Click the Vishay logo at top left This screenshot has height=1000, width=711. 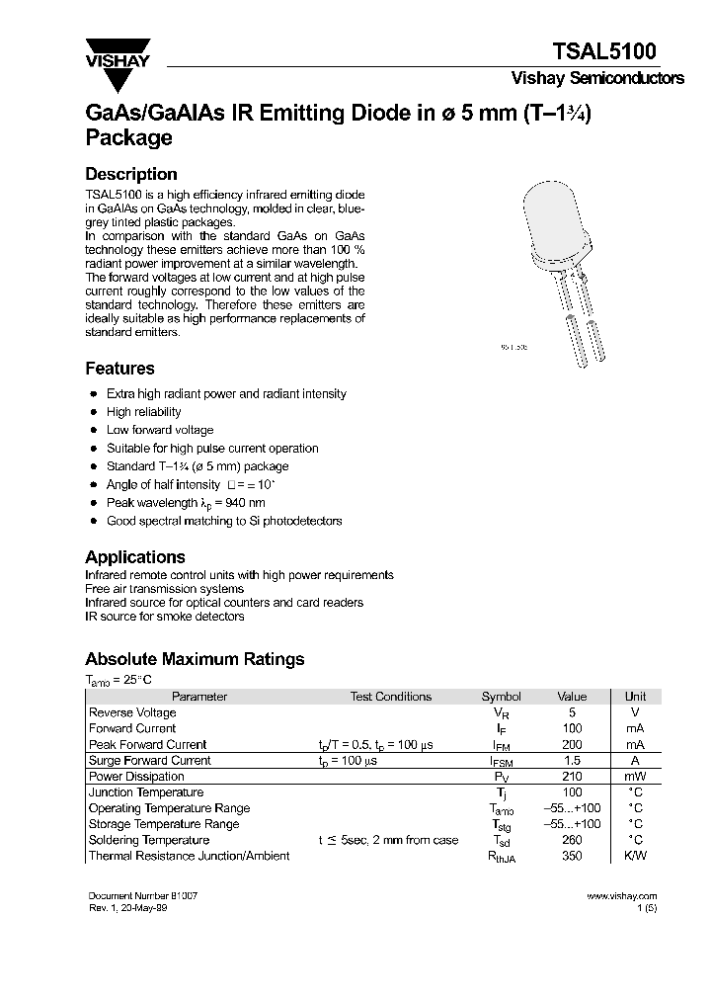coord(117,54)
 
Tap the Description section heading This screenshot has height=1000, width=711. coord(131,174)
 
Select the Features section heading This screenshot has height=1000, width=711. coord(119,369)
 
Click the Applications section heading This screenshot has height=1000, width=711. coord(134,556)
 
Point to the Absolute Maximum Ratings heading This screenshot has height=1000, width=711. coord(195,659)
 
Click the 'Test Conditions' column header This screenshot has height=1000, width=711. coord(390,697)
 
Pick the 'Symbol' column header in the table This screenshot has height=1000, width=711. coord(501,697)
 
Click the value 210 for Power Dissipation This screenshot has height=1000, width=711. coord(571,777)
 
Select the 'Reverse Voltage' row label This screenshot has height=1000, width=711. coord(132,712)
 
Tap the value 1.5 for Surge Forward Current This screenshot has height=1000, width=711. coord(571,761)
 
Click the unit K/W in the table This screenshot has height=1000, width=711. coord(635,856)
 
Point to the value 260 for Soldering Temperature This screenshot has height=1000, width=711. coord(571,840)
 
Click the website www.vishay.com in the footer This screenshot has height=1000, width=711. coord(621,896)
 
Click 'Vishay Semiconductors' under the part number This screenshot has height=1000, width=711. coord(596,79)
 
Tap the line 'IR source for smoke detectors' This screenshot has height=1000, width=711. coord(164,617)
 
